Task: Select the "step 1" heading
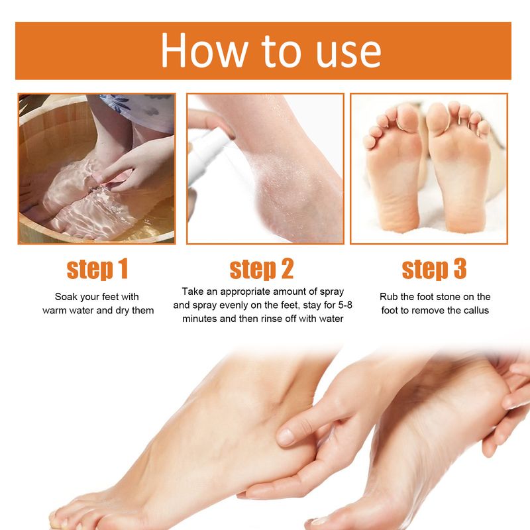pyautogui.click(x=97, y=269)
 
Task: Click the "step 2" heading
pyautogui.click(x=262, y=269)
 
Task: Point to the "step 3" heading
pyautogui.click(x=434, y=269)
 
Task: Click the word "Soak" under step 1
pyautogui.click(x=68, y=297)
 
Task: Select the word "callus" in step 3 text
pyautogui.click(x=474, y=310)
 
